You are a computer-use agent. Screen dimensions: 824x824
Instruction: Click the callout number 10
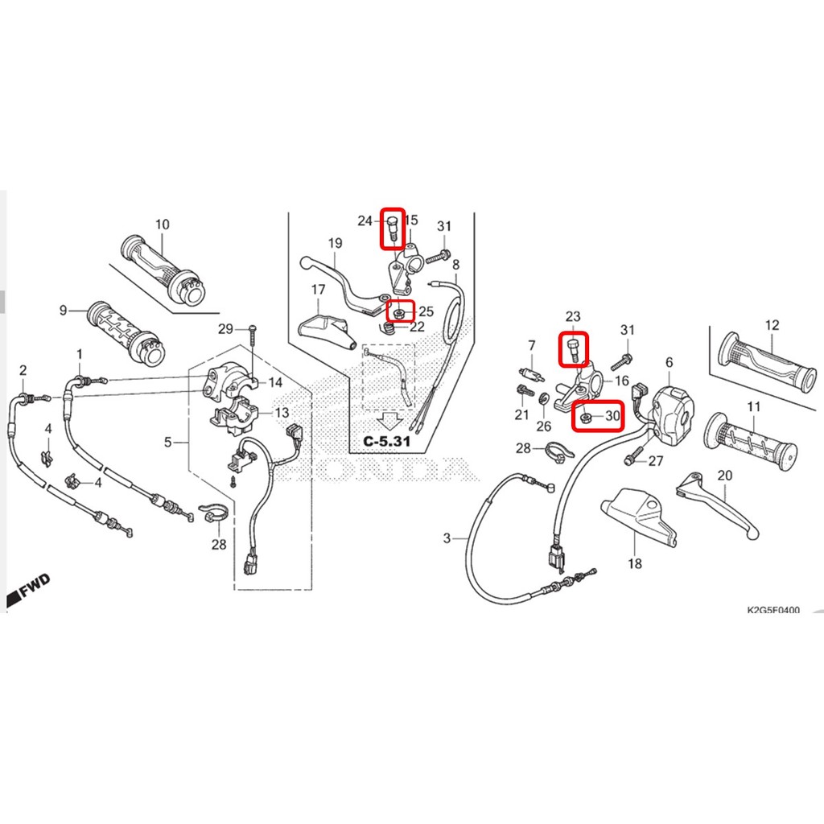163,225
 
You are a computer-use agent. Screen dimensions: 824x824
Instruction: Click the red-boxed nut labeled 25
399,314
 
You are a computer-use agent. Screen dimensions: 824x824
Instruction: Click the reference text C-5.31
386,440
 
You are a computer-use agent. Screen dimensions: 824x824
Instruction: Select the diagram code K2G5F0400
773,610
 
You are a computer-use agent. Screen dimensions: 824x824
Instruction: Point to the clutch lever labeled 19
346,286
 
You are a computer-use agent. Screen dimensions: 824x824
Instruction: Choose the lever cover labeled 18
638,517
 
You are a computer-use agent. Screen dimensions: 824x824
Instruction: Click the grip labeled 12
767,363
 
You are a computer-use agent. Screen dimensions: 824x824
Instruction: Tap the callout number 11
753,406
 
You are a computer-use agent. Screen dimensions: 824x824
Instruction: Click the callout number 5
167,442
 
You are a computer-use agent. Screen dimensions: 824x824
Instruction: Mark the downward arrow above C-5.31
389,420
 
